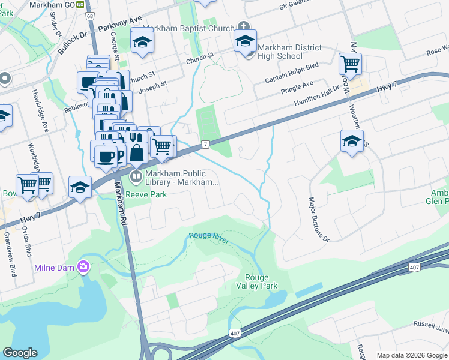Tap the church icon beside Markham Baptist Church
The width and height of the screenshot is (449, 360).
(243, 26)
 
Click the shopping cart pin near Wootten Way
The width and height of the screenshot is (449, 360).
(350, 63)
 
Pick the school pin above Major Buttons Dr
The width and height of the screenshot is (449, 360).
(352, 142)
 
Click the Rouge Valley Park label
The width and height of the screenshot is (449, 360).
(261, 281)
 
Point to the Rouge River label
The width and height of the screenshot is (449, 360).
(208, 236)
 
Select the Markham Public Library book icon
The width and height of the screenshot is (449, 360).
(136, 176)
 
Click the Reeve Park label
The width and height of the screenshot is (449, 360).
(146, 194)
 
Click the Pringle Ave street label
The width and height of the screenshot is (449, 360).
(297, 88)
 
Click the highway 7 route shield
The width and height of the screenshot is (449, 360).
(205, 145)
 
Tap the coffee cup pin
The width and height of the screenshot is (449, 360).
(106, 157)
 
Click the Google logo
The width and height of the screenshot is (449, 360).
(20, 353)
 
